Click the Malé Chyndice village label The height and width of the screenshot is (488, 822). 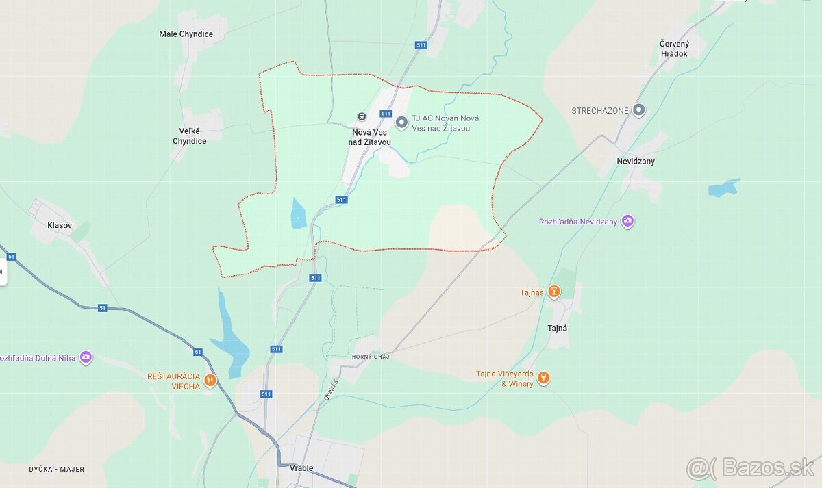(x=186, y=34)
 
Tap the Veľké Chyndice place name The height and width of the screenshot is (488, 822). (x=189, y=136)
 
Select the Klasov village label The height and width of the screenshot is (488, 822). (x=59, y=225)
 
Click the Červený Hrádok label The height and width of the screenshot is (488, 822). (x=674, y=49)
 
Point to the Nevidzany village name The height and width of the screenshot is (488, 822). (x=635, y=162)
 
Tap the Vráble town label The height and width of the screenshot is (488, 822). (x=301, y=468)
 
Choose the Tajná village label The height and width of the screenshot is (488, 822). (x=557, y=328)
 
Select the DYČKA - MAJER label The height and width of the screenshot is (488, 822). (x=57, y=469)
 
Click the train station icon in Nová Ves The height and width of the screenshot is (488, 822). (x=362, y=116)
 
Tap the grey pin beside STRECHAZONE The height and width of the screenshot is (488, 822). (x=639, y=110)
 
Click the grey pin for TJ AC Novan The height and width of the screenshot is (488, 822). (x=401, y=123)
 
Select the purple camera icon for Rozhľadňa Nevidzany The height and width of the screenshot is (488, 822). (x=627, y=221)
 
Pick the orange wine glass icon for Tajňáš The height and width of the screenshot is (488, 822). (x=553, y=292)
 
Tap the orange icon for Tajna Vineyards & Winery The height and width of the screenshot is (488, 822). (x=543, y=378)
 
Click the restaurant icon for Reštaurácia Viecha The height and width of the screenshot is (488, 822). (x=210, y=381)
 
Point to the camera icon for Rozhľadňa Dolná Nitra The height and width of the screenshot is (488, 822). (x=86, y=357)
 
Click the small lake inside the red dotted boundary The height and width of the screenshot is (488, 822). (x=298, y=214)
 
